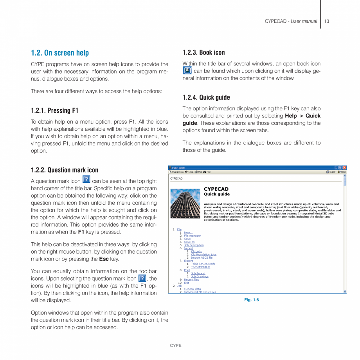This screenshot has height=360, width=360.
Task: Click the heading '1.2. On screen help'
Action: (60, 53)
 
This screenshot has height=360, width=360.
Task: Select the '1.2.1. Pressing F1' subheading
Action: (54, 111)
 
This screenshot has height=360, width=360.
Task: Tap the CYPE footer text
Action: (175, 346)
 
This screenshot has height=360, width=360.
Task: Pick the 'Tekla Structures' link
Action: (203, 264)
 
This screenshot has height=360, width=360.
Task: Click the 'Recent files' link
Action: (191, 279)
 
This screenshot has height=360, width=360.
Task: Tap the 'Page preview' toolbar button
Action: (177, 172)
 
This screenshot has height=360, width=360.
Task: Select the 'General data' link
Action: (192, 289)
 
